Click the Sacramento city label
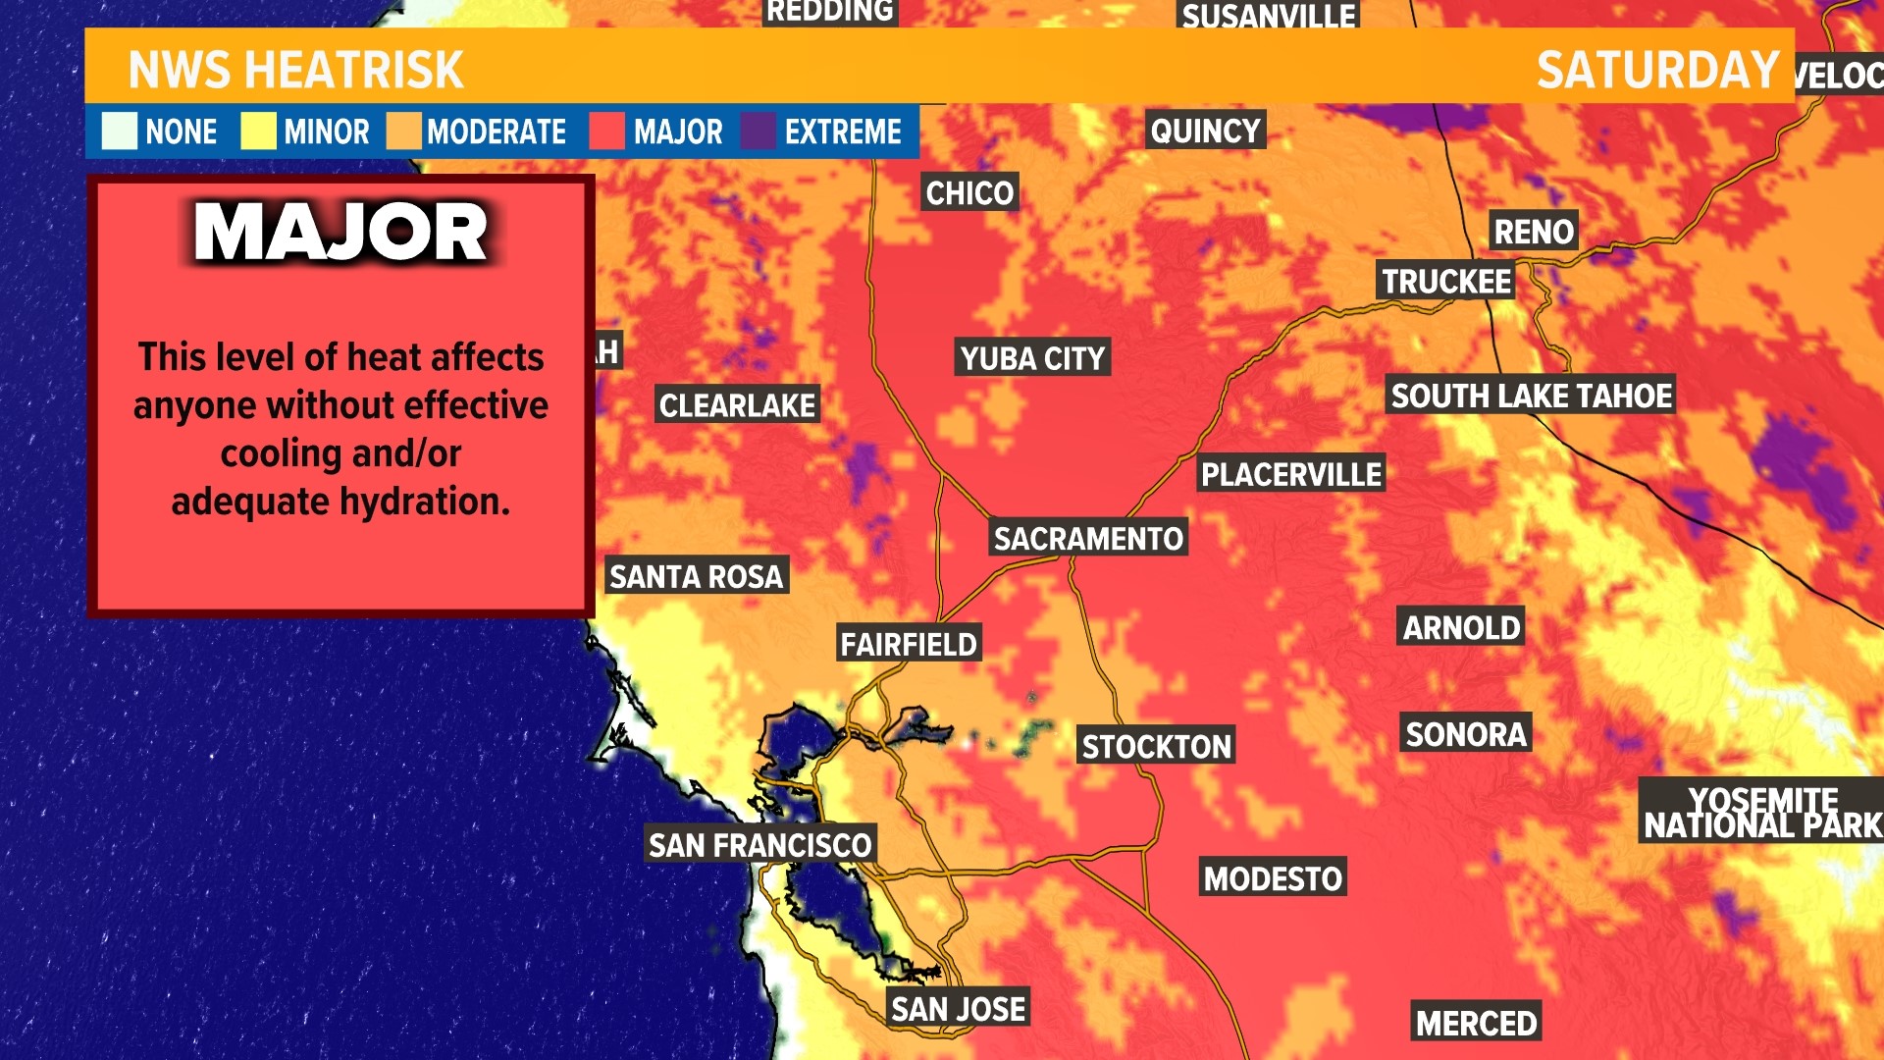click(x=1088, y=538)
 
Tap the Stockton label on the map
click(x=1156, y=746)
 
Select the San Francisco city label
click(x=759, y=844)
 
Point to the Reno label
click(x=1533, y=232)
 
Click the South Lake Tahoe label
click(x=1531, y=396)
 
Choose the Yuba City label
click(x=1032, y=358)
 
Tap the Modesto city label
click(x=1273, y=877)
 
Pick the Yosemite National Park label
click(x=1762, y=813)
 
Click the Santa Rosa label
click(x=696, y=576)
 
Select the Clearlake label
click(x=737, y=404)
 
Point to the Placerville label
click(x=1291, y=474)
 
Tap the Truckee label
click(x=1446, y=282)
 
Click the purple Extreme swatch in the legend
click(x=758, y=132)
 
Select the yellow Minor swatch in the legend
click(x=258, y=132)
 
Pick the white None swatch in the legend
click(x=120, y=132)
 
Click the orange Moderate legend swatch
click(x=403, y=132)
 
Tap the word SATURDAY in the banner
click(x=1657, y=70)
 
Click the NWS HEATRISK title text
click(x=295, y=70)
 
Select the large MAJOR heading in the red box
click(x=340, y=233)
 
